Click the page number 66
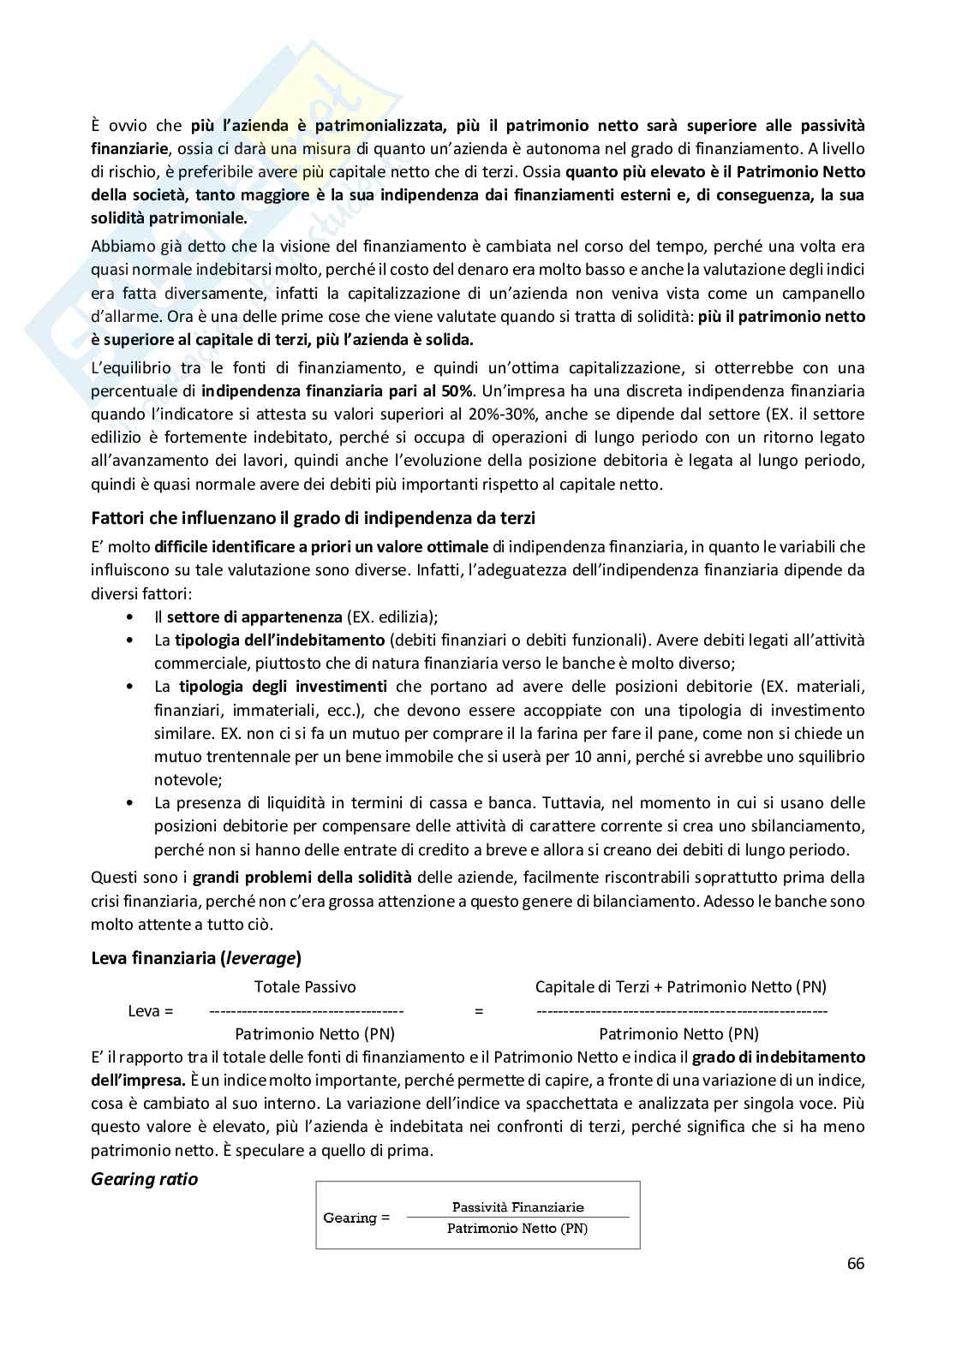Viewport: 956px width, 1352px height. (855, 1264)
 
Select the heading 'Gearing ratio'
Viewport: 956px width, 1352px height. (144, 1179)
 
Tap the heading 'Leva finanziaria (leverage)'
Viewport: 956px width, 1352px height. (195, 958)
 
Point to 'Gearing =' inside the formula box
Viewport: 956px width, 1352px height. (356, 1218)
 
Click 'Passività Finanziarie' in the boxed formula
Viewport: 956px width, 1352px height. (517, 1207)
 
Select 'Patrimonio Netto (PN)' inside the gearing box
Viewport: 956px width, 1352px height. (517, 1229)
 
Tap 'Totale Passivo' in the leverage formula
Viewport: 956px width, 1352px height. (305, 987)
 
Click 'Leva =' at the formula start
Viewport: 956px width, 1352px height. (150, 1011)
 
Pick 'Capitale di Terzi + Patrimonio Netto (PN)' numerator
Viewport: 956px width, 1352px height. (680, 987)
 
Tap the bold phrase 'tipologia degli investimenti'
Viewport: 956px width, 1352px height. (283, 686)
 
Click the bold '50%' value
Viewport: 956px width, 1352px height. (457, 391)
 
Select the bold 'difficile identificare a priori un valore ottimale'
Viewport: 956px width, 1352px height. (327, 546)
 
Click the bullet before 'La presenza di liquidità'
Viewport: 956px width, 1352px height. (129, 803)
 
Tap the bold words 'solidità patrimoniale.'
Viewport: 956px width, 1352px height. (169, 218)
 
